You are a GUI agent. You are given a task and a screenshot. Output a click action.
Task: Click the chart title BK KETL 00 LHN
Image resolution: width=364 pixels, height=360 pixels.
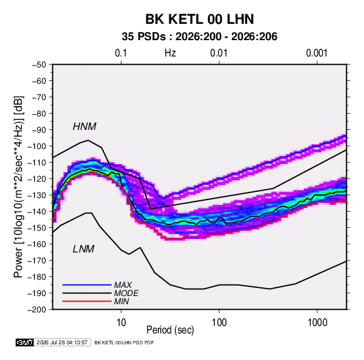point(199,19)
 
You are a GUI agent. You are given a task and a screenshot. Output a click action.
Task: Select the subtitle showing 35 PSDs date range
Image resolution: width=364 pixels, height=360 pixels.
point(199,37)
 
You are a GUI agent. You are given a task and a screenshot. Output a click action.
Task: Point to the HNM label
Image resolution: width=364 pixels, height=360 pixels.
point(84,127)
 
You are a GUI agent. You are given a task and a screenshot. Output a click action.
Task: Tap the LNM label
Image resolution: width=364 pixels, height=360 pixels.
point(84,249)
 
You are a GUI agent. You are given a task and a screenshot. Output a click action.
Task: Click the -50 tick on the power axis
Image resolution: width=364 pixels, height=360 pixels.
point(39,65)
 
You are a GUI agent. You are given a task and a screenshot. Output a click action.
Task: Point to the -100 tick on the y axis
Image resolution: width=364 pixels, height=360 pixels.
point(37,146)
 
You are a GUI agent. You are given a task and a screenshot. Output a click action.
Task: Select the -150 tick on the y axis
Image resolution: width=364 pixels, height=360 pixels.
point(37,228)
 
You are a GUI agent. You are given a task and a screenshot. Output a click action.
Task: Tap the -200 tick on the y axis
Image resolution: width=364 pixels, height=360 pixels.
point(37,310)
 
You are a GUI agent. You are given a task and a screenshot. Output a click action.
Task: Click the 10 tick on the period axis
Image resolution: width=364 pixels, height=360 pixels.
point(121,323)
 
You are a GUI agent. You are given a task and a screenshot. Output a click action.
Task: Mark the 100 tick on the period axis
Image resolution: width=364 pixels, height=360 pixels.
point(219,323)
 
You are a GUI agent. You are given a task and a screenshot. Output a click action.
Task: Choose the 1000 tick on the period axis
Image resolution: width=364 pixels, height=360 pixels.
point(317,323)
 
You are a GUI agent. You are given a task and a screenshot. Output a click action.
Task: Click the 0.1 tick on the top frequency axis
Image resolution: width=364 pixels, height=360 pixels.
point(121,53)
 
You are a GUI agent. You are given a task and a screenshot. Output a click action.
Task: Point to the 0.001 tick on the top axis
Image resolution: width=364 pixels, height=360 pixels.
point(316,53)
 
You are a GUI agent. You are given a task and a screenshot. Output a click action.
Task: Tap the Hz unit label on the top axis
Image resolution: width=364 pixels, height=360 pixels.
point(170,53)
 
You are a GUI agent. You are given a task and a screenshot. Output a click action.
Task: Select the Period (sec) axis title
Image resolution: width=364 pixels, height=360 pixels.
point(170,330)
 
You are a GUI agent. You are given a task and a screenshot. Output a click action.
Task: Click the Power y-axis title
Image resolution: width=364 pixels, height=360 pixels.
point(18,187)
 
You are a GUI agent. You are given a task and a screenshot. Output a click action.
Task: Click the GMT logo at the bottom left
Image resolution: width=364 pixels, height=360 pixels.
point(25,342)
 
